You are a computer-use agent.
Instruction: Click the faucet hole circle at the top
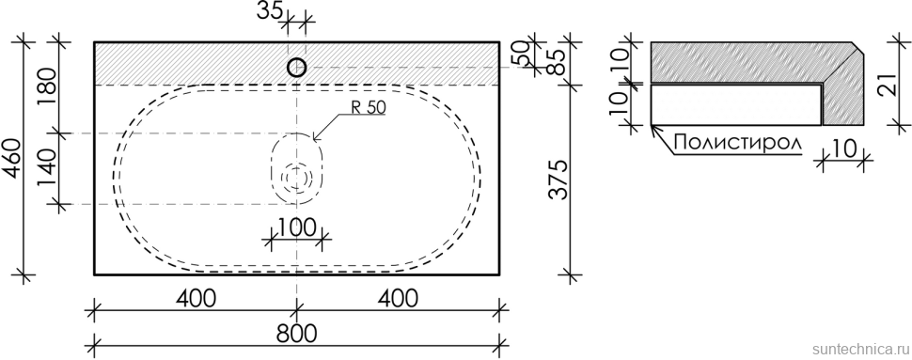point(296,68)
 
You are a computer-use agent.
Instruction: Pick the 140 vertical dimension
point(49,168)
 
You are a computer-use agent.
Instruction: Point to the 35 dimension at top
point(270,10)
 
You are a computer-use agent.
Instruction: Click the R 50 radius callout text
point(369,107)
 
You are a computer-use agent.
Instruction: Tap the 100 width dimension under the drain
point(296,227)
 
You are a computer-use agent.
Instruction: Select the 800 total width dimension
point(296,335)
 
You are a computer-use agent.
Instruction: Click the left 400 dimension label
point(195,298)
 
